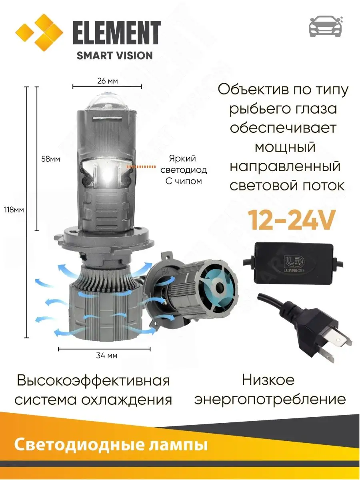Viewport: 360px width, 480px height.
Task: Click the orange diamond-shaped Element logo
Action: (39, 32)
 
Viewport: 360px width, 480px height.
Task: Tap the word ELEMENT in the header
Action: (117, 33)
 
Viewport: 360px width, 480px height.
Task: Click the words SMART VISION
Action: (115, 56)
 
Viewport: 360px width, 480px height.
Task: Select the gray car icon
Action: (326, 26)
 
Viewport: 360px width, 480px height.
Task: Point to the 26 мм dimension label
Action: (108, 81)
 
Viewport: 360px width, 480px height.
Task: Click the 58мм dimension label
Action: (50, 159)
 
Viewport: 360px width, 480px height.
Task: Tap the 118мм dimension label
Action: (14, 210)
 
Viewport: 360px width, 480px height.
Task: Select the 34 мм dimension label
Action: (107, 356)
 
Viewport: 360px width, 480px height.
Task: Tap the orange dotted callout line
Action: (141, 167)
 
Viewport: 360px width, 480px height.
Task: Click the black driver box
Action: (293, 262)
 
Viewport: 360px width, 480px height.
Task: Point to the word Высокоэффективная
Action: (93, 381)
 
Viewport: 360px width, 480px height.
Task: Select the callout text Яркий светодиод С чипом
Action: (184, 170)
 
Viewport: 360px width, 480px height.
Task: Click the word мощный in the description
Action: (286, 147)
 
